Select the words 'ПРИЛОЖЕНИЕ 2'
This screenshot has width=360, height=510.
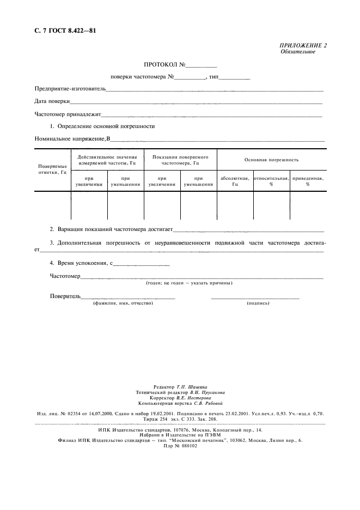tap(303, 45)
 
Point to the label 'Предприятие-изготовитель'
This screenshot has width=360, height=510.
tap(70, 88)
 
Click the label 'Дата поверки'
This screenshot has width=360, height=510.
tap(52, 101)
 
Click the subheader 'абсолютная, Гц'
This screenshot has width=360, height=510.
tap(235, 181)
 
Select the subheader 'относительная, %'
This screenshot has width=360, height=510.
tap(271, 181)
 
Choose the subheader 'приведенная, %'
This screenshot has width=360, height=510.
tap(308, 181)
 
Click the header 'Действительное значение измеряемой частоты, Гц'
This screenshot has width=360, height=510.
tap(107, 160)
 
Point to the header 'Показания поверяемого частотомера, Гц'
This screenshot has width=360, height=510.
tap(180, 160)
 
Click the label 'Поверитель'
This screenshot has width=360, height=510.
tap(65, 296)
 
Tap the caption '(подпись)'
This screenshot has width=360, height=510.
tap(258, 303)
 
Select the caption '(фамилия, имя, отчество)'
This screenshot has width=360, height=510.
tap(123, 303)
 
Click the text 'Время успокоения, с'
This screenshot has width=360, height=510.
tap(81, 263)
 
